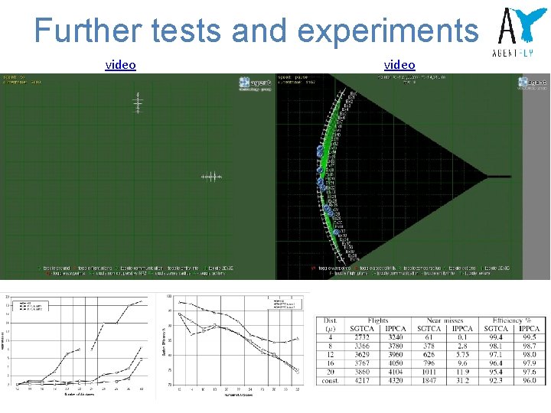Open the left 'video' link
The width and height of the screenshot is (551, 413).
click(x=120, y=65)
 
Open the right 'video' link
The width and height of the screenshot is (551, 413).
click(x=399, y=65)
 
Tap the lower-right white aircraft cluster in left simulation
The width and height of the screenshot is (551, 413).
click(x=211, y=177)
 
